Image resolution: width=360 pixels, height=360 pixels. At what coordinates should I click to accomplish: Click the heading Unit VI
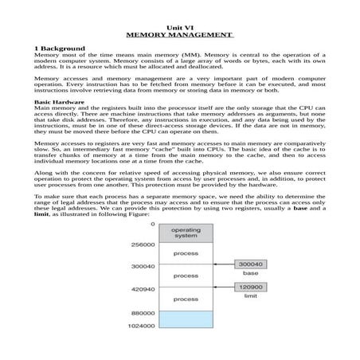click(x=179, y=28)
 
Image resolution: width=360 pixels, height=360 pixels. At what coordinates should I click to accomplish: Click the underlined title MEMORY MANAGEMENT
click(x=179, y=36)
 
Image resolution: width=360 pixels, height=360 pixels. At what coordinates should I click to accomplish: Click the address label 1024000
click(x=140, y=326)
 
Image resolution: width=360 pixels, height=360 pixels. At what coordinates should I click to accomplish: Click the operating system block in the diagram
click(x=186, y=233)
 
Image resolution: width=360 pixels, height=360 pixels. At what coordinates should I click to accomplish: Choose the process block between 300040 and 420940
click(x=186, y=276)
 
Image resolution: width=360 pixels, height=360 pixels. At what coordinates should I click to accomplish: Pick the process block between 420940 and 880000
click(x=186, y=299)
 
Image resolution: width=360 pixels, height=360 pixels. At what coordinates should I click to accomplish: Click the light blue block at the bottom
click(x=186, y=319)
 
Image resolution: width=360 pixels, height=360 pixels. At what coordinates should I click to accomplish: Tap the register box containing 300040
click(x=250, y=263)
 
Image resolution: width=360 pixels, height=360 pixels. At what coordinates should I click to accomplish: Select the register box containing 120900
click(x=250, y=288)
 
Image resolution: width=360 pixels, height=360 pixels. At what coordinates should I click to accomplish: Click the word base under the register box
click(x=250, y=273)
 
